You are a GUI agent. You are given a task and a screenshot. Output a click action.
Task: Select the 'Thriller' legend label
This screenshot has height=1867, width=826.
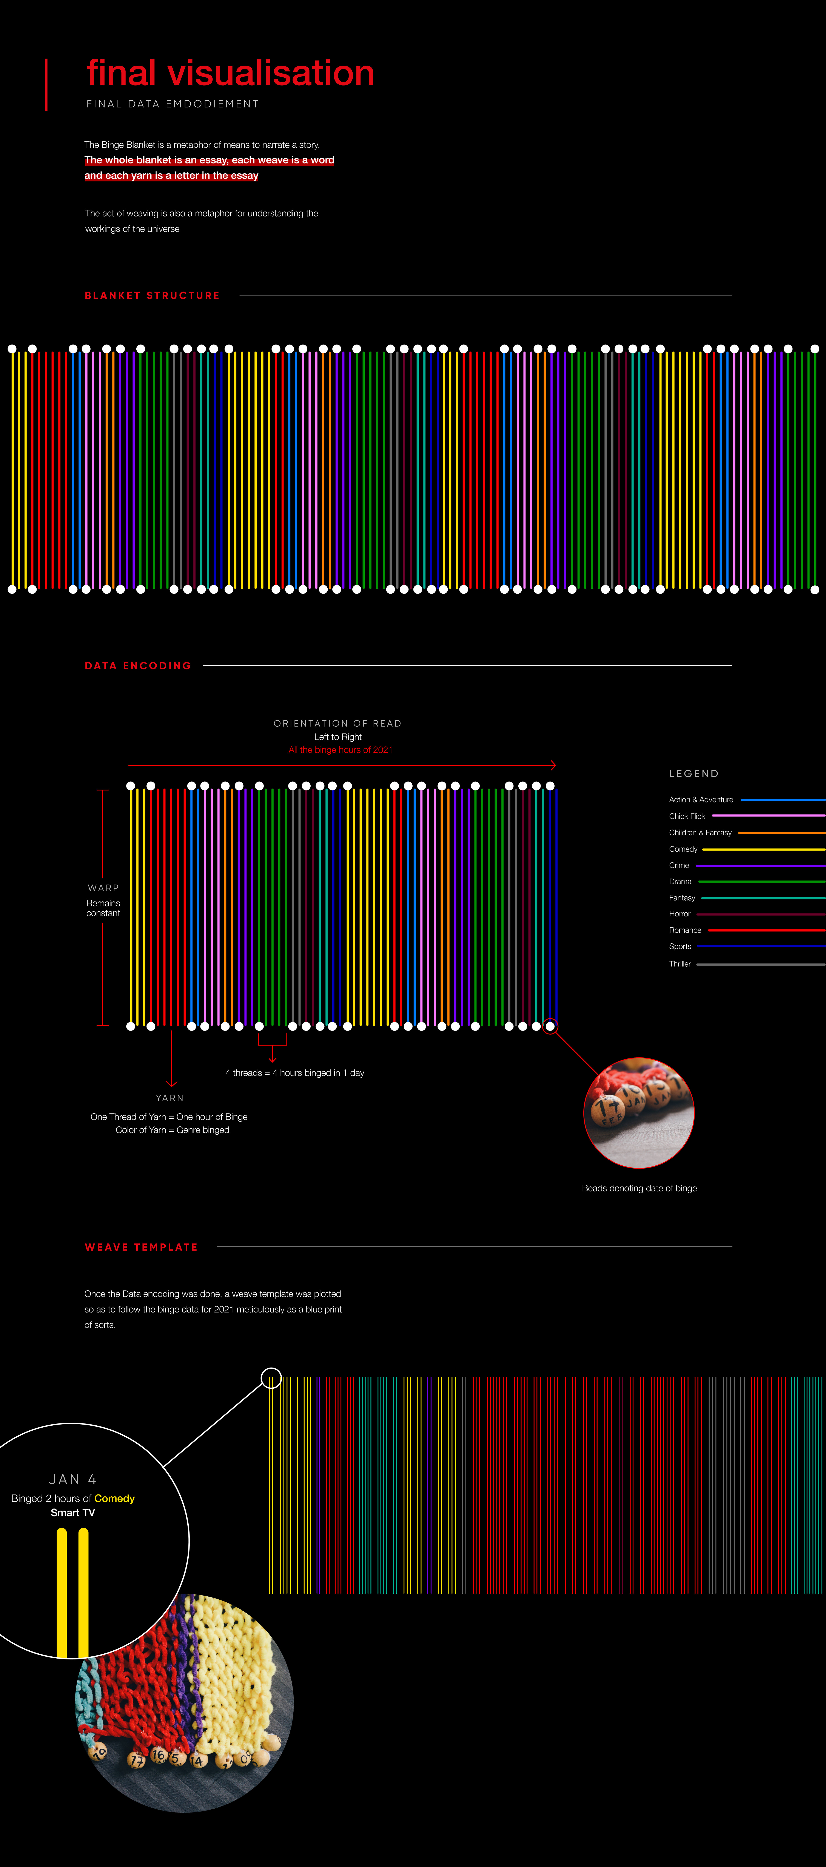[x=680, y=964]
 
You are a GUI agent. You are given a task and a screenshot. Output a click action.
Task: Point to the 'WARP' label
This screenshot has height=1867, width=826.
[x=103, y=888]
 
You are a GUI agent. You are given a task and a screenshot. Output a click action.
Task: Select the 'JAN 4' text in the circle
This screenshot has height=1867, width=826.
[x=72, y=1479]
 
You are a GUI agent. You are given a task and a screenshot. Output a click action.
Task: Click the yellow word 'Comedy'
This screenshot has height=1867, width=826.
[x=114, y=1498]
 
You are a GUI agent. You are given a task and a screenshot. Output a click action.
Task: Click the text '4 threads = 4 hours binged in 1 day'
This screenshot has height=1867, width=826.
[x=295, y=1073]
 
